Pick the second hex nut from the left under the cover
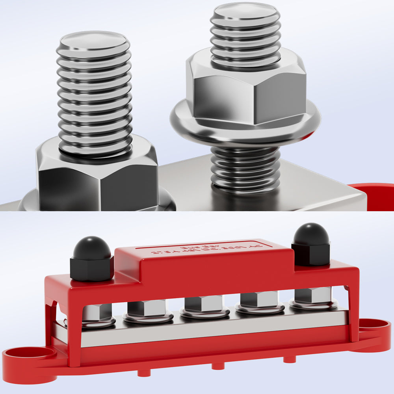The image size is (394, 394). (x=147, y=307)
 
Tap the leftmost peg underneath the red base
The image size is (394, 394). (x=144, y=372)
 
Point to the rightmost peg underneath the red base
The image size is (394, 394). (x=289, y=359)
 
